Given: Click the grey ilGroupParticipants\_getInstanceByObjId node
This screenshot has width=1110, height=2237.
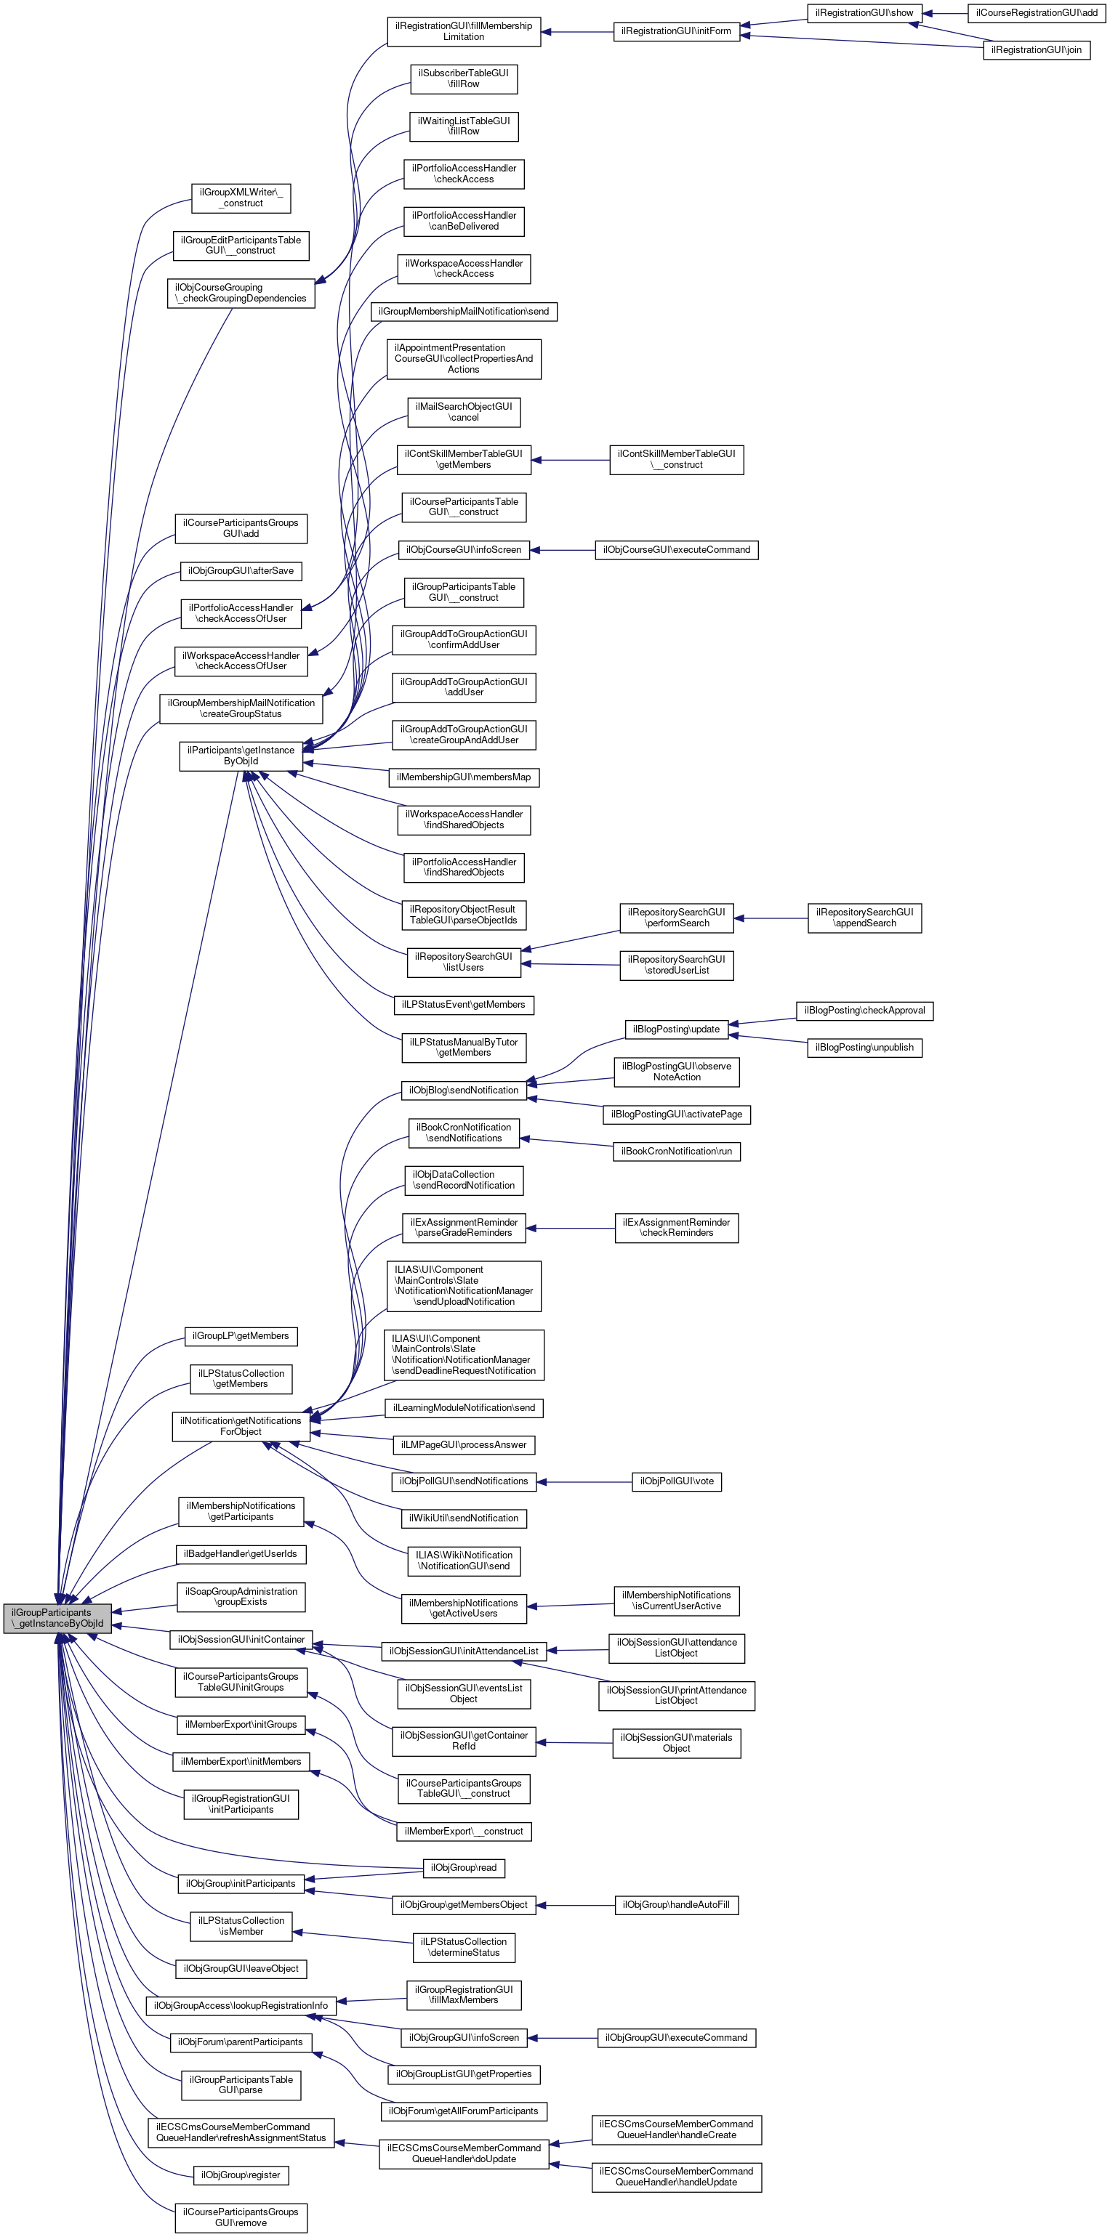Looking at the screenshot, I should (x=57, y=1617).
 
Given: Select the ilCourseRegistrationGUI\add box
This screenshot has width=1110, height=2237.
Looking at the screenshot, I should (x=1036, y=13).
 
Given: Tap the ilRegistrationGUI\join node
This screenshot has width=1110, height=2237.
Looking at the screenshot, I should (x=1036, y=49).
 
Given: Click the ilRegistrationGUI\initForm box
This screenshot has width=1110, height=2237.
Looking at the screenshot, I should (x=676, y=31).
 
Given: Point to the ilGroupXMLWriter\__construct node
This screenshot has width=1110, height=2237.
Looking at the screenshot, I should (x=241, y=198).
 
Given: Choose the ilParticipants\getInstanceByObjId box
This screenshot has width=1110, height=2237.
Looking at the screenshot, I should (x=241, y=755).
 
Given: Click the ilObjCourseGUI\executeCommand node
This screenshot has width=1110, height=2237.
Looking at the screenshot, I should (x=676, y=550).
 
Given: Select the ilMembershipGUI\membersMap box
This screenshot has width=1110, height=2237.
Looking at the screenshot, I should (x=463, y=777).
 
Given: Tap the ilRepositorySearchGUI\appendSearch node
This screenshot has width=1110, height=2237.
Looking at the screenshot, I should (x=864, y=917).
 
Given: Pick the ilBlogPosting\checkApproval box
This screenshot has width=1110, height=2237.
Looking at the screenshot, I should (x=864, y=1010).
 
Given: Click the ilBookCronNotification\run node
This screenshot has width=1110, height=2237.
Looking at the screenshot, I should (x=676, y=1151).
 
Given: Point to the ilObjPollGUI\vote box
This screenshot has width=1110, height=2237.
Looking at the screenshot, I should (x=676, y=1481).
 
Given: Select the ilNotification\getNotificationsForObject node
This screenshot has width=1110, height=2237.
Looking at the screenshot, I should (x=241, y=1426).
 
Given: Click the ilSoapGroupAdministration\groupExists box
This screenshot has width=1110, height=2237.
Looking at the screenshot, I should (x=241, y=1596).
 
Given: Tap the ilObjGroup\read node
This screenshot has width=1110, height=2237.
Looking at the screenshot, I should (x=463, y=1867).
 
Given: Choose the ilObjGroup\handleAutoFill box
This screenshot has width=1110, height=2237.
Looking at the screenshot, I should (x=676, y=1904).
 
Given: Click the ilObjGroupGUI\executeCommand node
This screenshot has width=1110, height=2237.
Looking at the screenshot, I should (x=676, y=2037).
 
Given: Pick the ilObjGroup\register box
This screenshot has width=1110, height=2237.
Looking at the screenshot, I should (x=241, y=2175).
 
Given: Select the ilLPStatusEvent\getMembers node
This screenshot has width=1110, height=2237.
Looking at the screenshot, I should (x=463, y=1005).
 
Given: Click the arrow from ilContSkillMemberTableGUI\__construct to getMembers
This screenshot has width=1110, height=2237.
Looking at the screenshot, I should (x=570, y=459).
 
